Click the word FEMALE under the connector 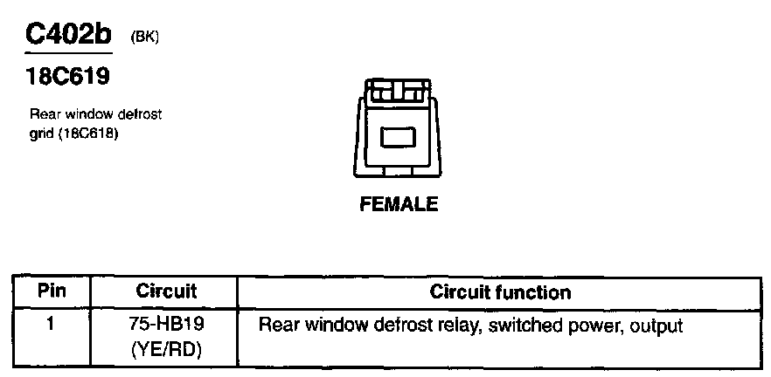pos(399,206)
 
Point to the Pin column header pos(50,291)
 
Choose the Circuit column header pos(166,291)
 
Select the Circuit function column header pos(500,291)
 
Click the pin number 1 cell pos(50,326)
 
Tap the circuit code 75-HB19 pos(166,326)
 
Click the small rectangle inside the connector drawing pos(399,137)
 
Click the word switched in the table pos(517,326)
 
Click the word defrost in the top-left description pos(140,114)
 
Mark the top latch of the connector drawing pos(398,89)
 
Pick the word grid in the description pos(41,135)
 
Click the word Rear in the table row pos(279,326)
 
